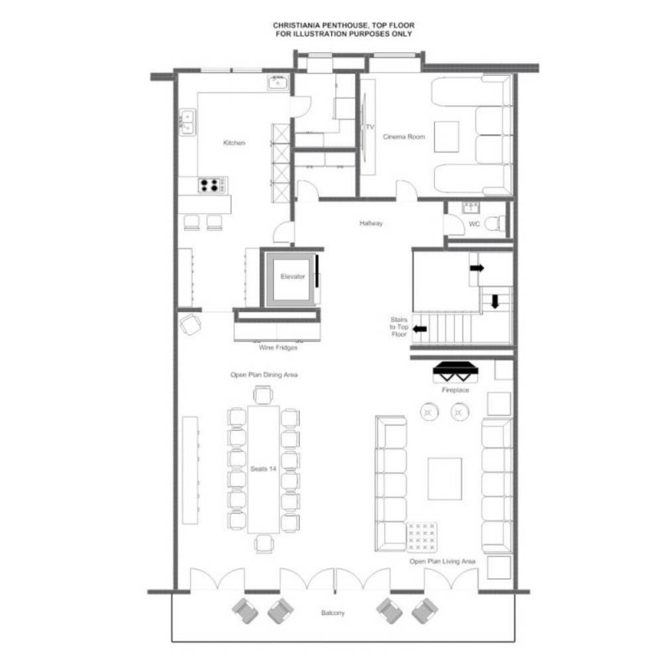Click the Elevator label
(293, 276)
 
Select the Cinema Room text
(404, 137)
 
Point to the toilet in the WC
(495, 223)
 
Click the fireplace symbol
(456, 373)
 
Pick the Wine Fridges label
(278, 348)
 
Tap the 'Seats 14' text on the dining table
(264, 469)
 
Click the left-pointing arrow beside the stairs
(420, 329)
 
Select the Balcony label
(333, 613)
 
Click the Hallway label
(371, 223)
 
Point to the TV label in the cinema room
(370, 127)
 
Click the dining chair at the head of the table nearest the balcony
(264, 544)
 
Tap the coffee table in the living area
(445, 479)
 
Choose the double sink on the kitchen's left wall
(187, 122)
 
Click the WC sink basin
(471, 207)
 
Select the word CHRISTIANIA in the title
(296, 25)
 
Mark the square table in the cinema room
(446, 137)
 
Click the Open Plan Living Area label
(442, 561)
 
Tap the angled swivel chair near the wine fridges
(190, 325)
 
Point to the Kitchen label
(234, 143)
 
